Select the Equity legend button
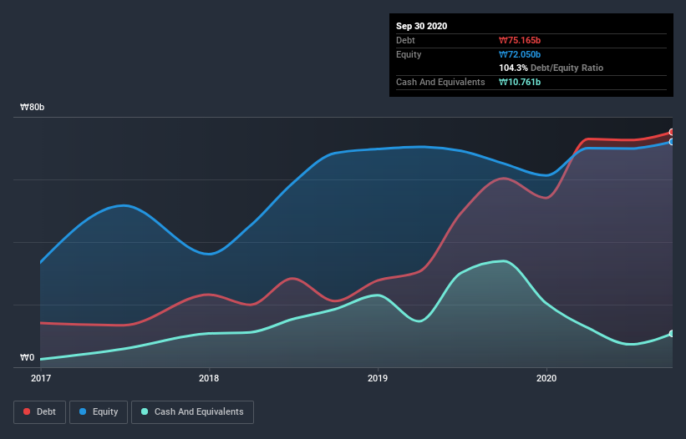click(99, 411)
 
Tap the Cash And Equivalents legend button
click(192, 411)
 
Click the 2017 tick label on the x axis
click(41, 378)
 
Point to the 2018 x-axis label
click(209, 378)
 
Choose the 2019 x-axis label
click(378, 378)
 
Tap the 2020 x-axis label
click(546, 378)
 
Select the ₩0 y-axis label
click(28, 358)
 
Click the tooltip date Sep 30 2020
click(422, 26)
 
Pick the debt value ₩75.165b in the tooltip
click(521, 40)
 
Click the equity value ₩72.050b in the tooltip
click(521, 54)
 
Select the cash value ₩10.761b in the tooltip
click(520, 82)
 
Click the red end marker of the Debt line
click(672, 132)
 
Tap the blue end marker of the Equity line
click(672, 142)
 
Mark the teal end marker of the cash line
click(672, 334)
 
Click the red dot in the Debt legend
click(28, 411)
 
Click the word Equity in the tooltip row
click(409, 54)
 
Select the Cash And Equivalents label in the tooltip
click(440, 82)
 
